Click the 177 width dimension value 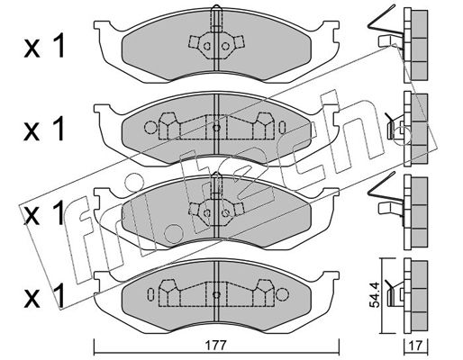click(215, 346)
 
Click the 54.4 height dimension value click(375, 294)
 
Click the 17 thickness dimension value click(416, 346)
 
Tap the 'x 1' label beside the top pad click(44, 46)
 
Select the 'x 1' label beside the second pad click(44, 129)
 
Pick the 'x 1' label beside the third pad click(44, 212)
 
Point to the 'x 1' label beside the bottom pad click(44, 295)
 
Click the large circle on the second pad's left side click(150, 128)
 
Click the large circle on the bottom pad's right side click(282, 294)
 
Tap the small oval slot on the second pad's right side click(282, 128)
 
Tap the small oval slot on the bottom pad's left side click(150, 294)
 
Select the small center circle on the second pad click(216, 128)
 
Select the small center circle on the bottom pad click(216, 294)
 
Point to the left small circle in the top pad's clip click(207, 46)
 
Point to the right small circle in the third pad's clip click(225, 213)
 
